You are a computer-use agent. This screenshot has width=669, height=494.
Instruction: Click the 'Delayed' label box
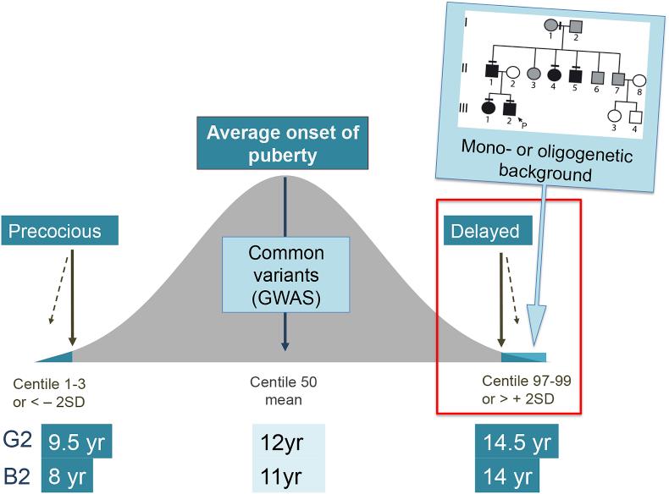click(489, 229)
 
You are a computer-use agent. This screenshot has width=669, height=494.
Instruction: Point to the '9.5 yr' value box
click(77, 442)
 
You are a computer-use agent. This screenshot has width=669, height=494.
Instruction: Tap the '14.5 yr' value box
click(518, 442)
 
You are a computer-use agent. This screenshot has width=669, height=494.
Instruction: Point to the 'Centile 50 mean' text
click(283, 391)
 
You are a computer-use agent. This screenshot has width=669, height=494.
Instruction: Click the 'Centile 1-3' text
click(54, 382)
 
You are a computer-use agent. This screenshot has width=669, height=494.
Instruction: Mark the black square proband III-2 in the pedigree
click(510, 108)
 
